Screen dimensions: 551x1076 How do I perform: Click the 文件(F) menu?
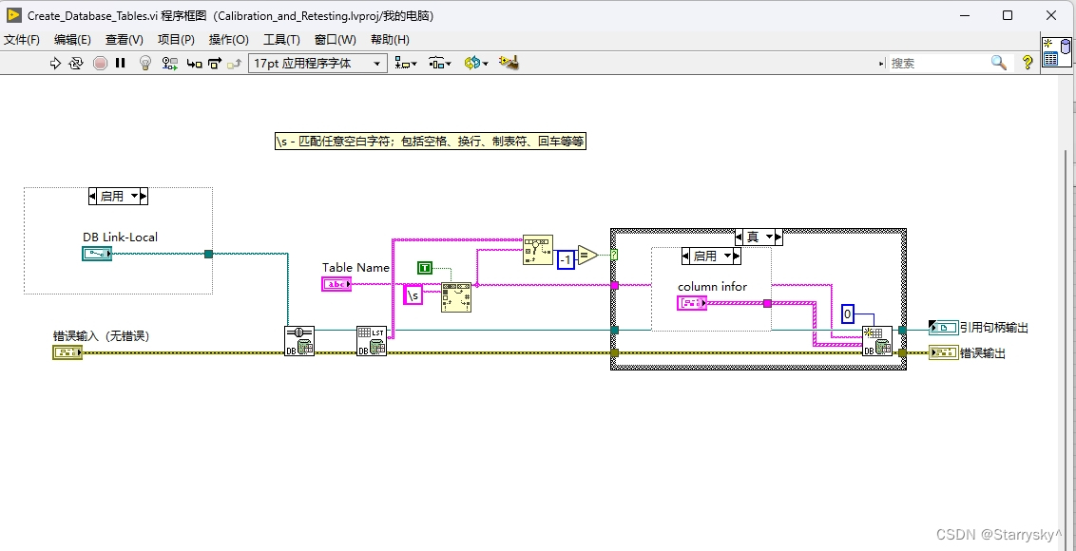coord(22,39)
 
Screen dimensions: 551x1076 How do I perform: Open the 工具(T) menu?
coord(281,39)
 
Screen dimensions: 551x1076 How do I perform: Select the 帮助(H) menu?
coord(390,39)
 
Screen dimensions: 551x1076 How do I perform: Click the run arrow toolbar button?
coord(54,63)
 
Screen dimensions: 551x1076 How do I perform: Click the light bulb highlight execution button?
coord(145,63)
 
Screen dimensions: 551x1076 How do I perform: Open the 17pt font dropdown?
coord(317,63)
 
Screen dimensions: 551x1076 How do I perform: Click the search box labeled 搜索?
coord(936,63)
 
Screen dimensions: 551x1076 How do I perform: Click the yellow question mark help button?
coord(1028,63)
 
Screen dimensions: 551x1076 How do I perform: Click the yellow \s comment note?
coord(430,141)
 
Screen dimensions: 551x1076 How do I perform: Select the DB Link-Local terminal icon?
coord(97,254)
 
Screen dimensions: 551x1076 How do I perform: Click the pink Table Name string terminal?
coord(336,284)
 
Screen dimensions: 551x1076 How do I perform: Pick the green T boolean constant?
coord(425,268)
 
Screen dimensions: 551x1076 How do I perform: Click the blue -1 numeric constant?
coord(566,259)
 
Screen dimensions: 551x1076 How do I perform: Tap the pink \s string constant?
coord(413,295)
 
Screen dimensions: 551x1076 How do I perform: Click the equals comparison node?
coord(587,255)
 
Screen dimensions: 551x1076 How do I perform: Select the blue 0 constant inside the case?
coord(848,314)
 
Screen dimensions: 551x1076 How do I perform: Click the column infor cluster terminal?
coord(691,303)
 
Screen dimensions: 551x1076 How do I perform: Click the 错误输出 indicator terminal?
coord(943,353)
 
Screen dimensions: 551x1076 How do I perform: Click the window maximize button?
coord(1008,15)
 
